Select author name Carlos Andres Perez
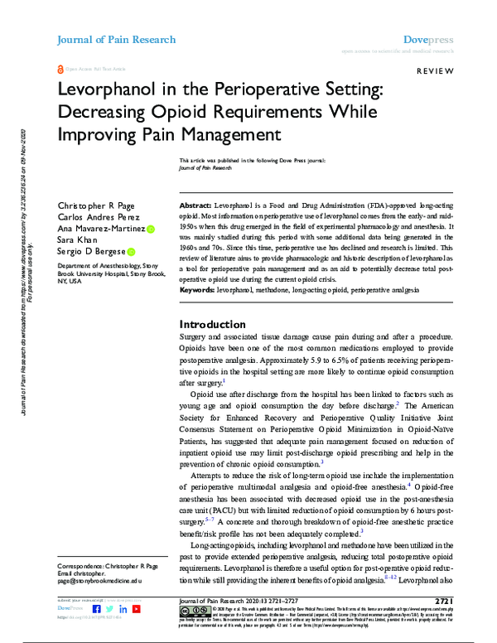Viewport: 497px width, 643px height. pos(92,216)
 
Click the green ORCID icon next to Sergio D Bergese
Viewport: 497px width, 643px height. pos(131,251)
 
